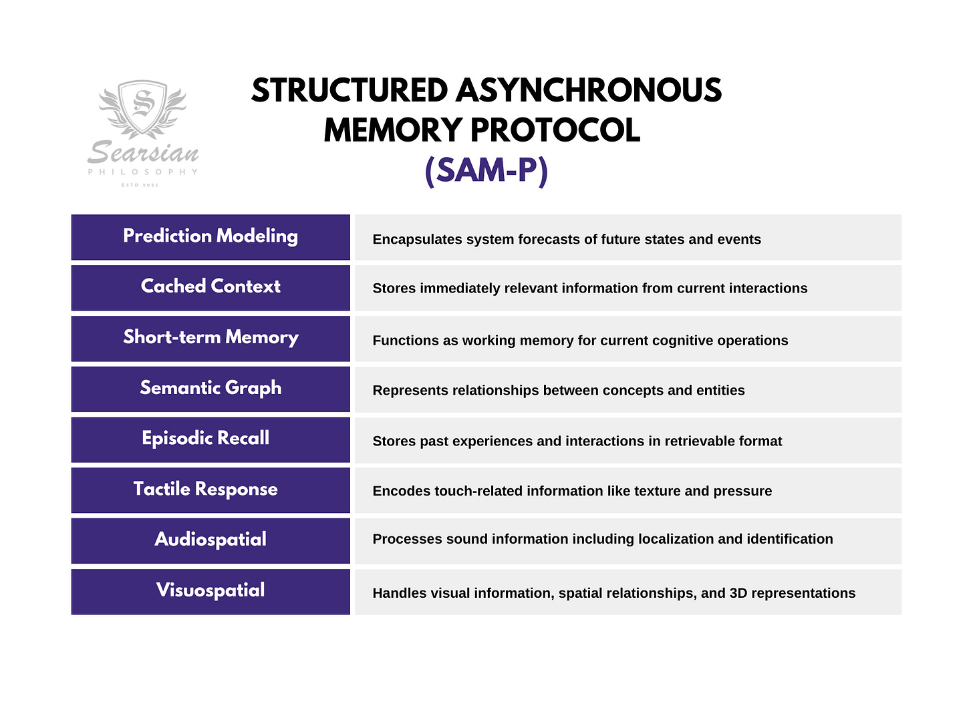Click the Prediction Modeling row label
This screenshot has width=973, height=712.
pyautogui.click(x=211, y=236)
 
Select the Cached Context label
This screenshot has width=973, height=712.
pyautogui.click(x=211, y=287)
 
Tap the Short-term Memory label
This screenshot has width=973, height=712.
pyautogui.click(x=211, y=337)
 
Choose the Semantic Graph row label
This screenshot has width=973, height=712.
pyautogui.click(x=211, y=388)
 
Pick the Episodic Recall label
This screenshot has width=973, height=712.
pyautogui.click(x=206, y=438)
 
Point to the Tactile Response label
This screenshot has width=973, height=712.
pyautogui.click(x=206, y=489)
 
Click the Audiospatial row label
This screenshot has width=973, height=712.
pyautogui.click(x=211, y=540)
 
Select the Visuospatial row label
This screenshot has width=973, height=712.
pyautogui.click(x=211, y=590)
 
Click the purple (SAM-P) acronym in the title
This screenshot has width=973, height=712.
pyautogui.click(x=486, y=170)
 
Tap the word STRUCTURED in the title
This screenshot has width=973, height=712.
pyautogui.click(x=350, y=91)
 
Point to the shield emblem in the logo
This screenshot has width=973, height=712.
pyautogui.click(x=142, y=107)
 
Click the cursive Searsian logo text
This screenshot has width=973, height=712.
pyautogui.click(x=143, y=153)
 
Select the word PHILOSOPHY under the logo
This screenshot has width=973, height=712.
pyautogui.click(x=143, y=172)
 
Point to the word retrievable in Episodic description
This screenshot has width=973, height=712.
pyautogui.click(x=694, y=441)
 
